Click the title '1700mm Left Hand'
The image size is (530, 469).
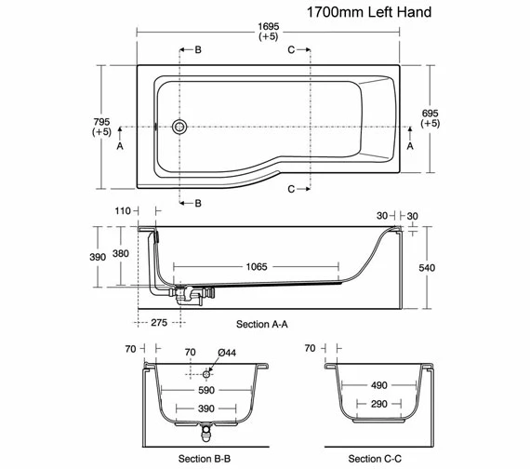pos(369,12)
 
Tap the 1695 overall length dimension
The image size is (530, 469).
pos(269,26)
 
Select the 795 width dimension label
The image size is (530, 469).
pos(101,122)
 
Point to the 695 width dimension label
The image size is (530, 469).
pos(430,114)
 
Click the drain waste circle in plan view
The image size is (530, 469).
pos(179,127)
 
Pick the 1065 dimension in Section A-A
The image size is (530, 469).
pos(257,267)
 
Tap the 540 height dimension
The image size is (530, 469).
pos(427,268)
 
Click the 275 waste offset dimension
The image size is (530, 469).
pos(159,323)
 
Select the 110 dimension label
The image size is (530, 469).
pos(123,211)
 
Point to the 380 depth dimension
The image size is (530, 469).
pos(121,253)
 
